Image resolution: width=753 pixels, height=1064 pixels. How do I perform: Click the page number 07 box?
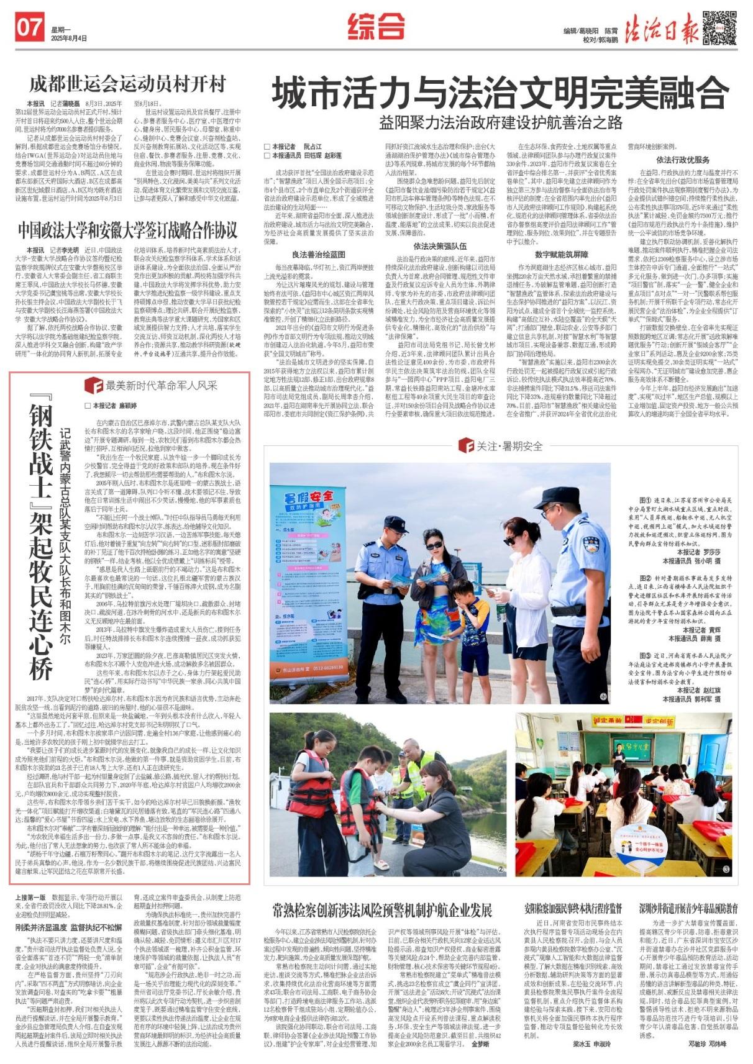(29, 28)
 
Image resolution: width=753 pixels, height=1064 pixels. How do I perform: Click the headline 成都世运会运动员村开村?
(127, 84)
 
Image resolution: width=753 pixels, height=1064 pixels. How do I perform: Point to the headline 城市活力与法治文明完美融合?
(500, 92)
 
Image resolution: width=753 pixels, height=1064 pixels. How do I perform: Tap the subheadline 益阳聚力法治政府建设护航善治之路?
(500, 122)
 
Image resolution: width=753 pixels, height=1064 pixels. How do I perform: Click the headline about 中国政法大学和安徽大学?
(127, 230)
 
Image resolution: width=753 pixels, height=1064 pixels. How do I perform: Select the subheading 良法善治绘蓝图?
(319, 254)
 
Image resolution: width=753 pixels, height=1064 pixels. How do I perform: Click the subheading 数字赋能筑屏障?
(561, 254)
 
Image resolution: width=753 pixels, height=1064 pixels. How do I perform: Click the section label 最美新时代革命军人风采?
(160, 385)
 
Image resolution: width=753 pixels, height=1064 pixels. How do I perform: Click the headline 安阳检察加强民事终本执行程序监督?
(573, 909)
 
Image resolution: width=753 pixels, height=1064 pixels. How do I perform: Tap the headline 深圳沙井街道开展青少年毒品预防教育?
(688, 909)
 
